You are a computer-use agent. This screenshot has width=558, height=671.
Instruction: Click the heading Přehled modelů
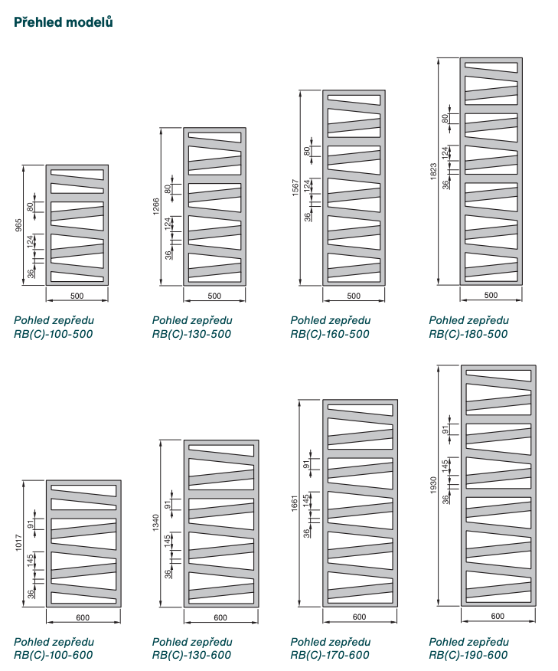[x=64, y=22]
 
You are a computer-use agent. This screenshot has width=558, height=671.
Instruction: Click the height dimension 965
[x=19, y=224]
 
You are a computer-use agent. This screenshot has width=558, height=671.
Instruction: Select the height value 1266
[x=157, y=207]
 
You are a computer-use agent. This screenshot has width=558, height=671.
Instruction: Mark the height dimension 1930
[x=433, y=484]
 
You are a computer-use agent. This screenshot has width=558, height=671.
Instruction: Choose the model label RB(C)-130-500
[x=191, y=334]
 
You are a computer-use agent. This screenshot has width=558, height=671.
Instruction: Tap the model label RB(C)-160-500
[x=330, y=334]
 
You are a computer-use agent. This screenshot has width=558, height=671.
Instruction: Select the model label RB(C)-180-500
[x=468, y=334]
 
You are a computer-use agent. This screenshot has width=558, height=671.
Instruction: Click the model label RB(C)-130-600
[x=191, y=655]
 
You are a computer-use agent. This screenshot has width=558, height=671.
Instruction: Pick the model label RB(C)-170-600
[x=330, y=655]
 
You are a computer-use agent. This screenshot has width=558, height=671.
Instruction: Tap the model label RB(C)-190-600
[x=468, y=655]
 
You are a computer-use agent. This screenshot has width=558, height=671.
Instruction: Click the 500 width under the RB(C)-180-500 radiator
[x=491, y=295]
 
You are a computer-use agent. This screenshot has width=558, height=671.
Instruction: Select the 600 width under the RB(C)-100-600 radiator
[x=83, y=617]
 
